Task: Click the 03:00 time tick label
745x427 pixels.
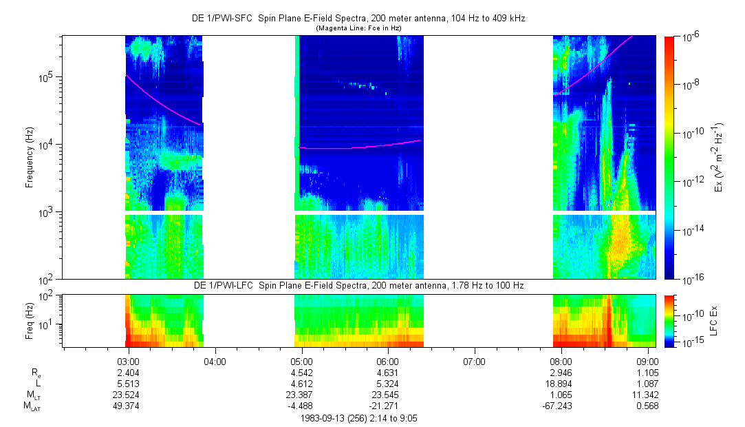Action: [129, 361]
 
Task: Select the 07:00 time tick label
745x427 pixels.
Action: [475, 361]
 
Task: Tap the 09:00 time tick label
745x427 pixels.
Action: [647, 361]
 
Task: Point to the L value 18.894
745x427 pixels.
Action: [561, 383]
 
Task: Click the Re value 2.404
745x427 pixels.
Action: [129, 372]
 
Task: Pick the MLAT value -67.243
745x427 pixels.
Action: [561, 406]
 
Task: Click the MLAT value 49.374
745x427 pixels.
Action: [129, 406]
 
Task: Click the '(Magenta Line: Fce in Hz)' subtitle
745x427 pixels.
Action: [358, 28]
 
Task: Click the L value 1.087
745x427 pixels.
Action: [647, 383]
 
